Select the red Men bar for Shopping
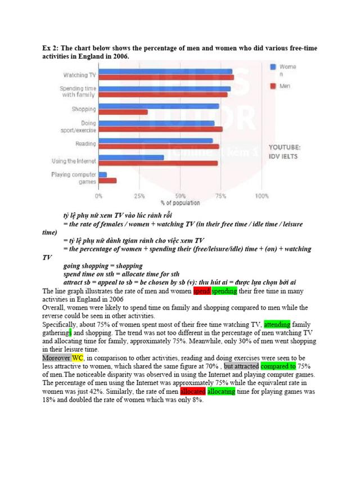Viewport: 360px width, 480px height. click(123, 112)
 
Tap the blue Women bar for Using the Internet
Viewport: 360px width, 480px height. click(131, 157)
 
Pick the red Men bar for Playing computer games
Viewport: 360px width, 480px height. click(107, 181)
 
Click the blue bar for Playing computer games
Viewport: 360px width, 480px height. click(103, 174)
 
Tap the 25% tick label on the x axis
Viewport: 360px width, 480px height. click(139, 196)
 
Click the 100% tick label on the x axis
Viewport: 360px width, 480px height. click(261, 196)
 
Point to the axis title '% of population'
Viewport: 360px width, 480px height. click(179, 203)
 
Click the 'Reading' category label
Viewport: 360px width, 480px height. click(85, 143)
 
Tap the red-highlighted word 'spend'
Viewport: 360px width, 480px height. click(201, 291)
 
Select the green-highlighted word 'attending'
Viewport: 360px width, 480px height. click(277, 324)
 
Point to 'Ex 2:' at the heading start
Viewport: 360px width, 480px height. click(52, 48)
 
